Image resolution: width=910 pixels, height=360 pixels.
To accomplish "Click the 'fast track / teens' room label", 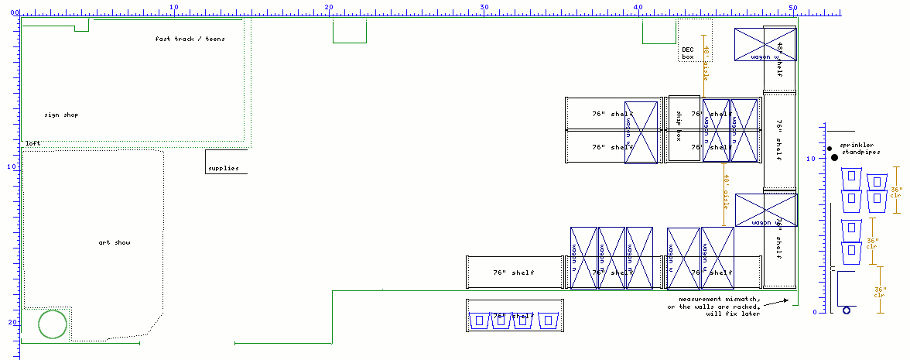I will [190, 39].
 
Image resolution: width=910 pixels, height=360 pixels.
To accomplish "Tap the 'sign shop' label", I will [61, 115].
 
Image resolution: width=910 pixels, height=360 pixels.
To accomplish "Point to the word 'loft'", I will [32, 143].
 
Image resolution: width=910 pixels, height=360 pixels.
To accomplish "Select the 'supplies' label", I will [224, 168].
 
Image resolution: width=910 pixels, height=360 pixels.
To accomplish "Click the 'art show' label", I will [115, 243].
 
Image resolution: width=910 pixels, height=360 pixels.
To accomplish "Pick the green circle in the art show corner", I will [53, 324].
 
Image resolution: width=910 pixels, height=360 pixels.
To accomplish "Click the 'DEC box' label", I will [688, 53].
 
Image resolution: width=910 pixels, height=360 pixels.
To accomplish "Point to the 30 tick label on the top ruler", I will [484, 7].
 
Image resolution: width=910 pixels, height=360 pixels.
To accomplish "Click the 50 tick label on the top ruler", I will [793, 7].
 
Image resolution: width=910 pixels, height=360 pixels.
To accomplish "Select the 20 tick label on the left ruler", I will [10, 322].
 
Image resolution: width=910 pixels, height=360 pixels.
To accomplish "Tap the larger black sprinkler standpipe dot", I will [834, 158].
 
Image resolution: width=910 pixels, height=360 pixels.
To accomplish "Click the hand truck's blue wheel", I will [847, 310].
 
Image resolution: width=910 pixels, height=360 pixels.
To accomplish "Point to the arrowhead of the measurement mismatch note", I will [787, 299].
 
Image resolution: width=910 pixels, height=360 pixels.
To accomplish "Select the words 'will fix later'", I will [732, 314].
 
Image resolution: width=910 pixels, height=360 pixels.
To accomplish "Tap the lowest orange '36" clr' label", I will [879, 290].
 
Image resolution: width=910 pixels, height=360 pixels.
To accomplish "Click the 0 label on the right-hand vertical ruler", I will [814, 312].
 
